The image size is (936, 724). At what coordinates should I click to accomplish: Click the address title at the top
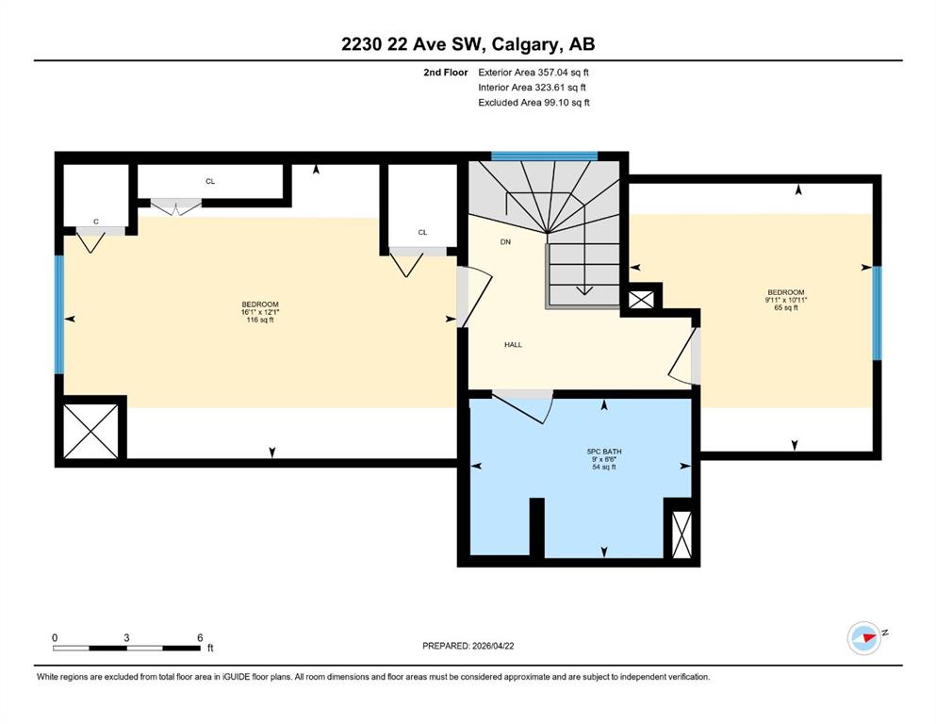point(468,44)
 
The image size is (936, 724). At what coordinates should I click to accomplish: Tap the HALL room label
point(513,344)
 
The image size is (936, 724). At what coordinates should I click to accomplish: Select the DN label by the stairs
point(505,241)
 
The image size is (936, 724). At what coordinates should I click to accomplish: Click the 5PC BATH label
point(604,452)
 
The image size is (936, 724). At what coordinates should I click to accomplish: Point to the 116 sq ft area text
point(259,320)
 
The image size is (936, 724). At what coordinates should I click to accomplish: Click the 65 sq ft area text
point(785,307)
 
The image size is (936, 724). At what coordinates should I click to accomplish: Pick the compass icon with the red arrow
point(864,637)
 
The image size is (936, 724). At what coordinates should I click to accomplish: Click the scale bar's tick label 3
point(126,637)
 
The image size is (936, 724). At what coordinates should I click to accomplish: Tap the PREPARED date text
point(468,646)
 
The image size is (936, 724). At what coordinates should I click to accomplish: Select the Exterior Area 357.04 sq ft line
point(534,73)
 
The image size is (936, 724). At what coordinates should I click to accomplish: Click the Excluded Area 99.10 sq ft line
point(534,102)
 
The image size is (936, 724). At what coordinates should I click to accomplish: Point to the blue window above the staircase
point(544,156)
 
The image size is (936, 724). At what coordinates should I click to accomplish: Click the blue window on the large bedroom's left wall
point(59,314)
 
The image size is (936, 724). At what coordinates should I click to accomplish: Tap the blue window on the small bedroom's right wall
point(877,313)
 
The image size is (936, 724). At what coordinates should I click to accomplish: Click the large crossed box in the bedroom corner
point(90,431)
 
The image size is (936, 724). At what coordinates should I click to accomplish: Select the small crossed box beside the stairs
point(642,300)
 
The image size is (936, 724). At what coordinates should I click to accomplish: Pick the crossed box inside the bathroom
point(681,535)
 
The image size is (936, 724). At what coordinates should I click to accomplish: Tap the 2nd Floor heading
point(445,73)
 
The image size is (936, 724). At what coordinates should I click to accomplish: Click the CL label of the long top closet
point(210,181)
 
